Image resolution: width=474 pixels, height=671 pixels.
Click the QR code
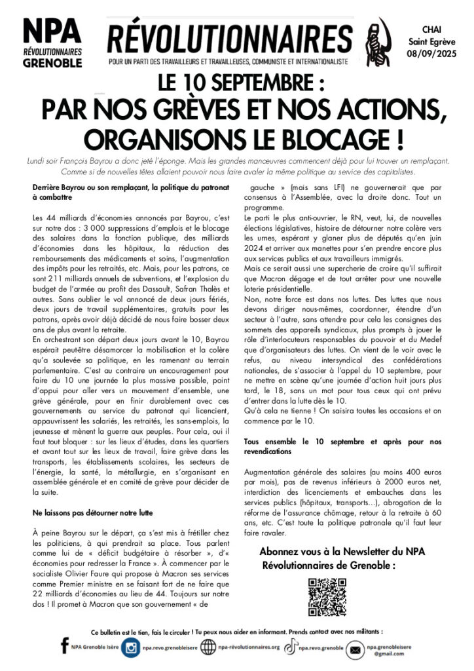[327, 597]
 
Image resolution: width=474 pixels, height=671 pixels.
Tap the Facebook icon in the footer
[64, 647]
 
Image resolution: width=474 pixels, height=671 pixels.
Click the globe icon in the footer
[208, 647]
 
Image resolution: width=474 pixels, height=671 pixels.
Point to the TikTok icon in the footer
[291, 647]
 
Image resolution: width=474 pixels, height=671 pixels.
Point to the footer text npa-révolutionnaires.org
[249, 647]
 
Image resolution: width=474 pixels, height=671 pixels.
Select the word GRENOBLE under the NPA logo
[52, 63]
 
